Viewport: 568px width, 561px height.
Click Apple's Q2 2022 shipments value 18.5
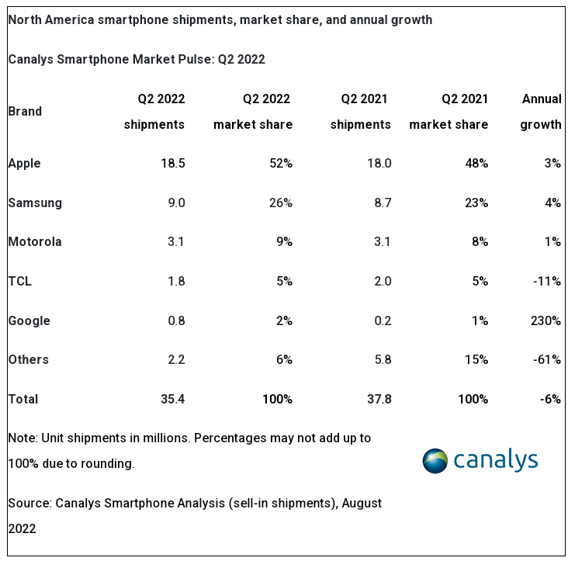(171, 164)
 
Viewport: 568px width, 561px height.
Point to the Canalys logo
(480, 460)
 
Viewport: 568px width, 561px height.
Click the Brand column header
(25, 111)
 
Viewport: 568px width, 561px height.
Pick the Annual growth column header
(541, 111)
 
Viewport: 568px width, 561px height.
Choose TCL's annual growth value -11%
(546, 281)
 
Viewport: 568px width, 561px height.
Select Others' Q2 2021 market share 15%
(476, 359)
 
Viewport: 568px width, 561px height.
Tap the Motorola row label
(34, 241)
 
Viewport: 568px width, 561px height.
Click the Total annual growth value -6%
(549, 399)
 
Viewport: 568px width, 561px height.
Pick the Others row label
(28, 359)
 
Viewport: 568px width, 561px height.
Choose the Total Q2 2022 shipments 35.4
(171, 399)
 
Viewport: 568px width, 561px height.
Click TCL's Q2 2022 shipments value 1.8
(175, 281)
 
